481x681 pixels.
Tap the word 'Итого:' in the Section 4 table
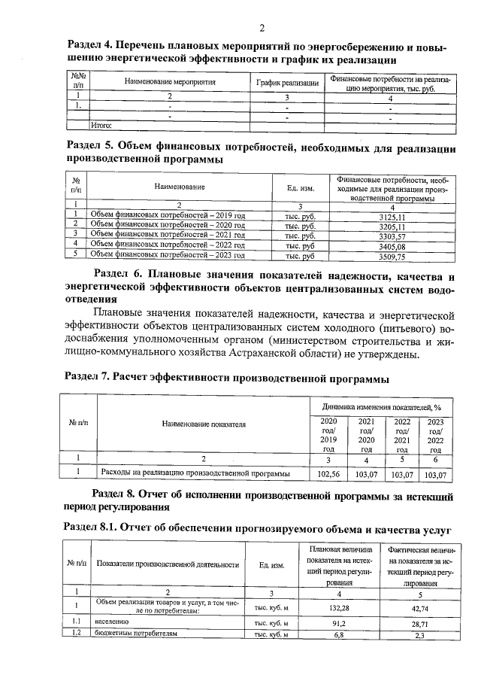(101, 126)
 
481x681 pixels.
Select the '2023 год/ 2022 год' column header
(436, 435)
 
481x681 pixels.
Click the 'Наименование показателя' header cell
(204, 424)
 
